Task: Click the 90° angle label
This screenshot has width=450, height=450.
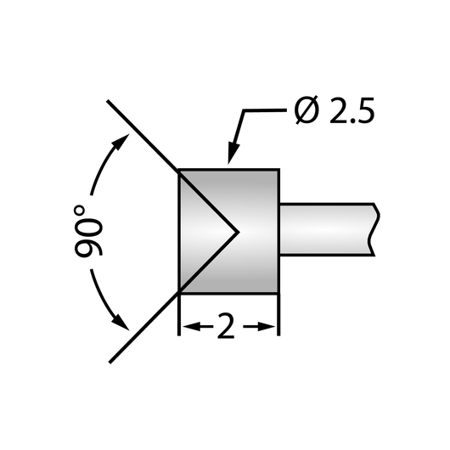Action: point(88,231)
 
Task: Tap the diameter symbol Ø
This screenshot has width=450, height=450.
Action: point(307,110)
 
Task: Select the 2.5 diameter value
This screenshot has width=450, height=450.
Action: point(352,110)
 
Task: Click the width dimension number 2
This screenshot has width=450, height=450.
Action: point(226,326)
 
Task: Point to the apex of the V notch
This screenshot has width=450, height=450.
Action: point(239,232)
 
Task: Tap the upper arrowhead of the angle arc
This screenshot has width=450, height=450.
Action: point(121,141)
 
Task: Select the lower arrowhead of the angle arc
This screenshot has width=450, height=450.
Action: point(121,322)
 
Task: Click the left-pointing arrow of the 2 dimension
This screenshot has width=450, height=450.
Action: point(198,326)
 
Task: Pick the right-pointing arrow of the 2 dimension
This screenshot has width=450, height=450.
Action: point(259,326)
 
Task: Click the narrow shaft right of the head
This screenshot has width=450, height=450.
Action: point(327,229)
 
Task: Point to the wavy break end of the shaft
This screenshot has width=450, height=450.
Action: point(374,229)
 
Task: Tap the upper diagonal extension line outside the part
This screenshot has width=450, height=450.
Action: point(143,136)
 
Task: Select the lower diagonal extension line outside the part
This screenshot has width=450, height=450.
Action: point(144,327)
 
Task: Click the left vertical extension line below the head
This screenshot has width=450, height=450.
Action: point(179,314)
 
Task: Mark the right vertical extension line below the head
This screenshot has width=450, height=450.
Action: point(278,314)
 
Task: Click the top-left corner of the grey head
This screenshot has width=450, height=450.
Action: point(179,170)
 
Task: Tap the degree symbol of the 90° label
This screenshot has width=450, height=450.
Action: point(80,211)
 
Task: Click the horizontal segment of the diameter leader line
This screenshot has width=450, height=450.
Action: point(265,110)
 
